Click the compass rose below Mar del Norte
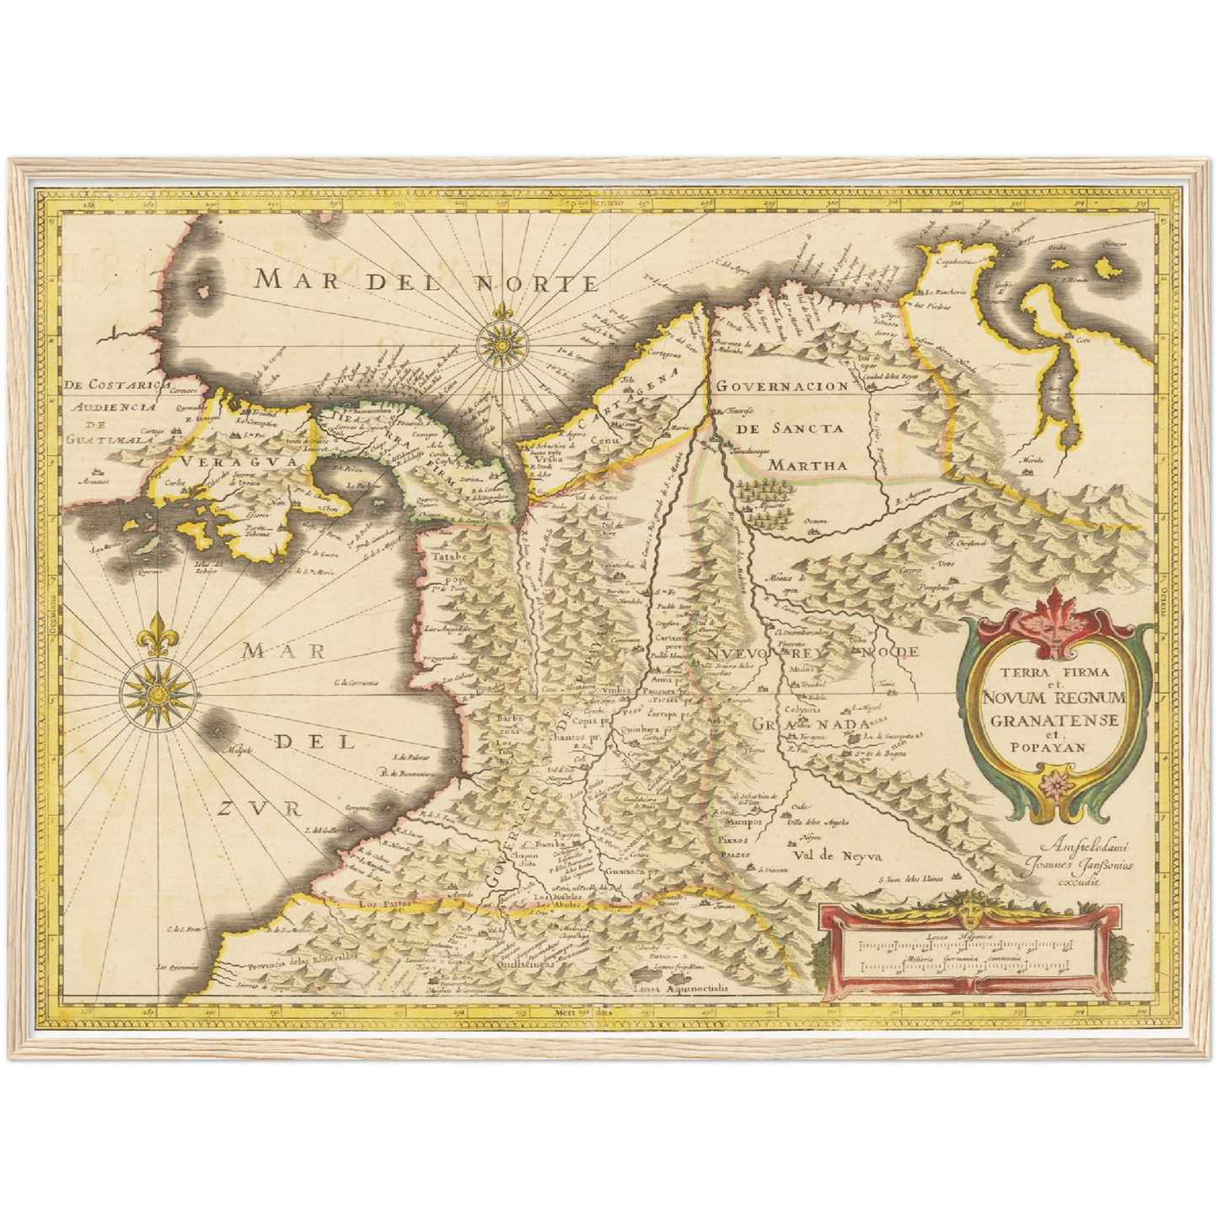(x=502, y=344)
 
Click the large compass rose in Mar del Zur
(x=157, y=694)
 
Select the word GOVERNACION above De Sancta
(x=782, y=386)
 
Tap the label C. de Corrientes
(x=357, y=683)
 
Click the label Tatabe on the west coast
(x=448, y=557)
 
